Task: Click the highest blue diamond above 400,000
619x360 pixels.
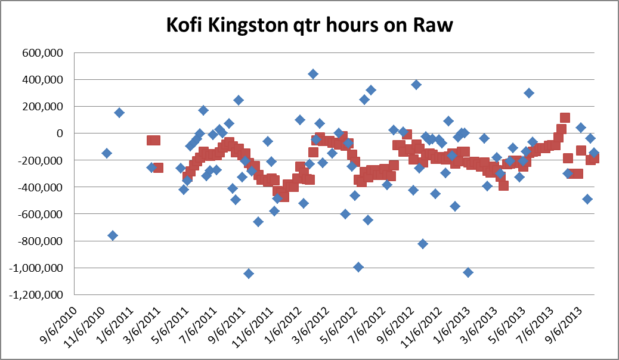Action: [312, 74]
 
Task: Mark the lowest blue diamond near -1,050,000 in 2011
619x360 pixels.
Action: [249, 274]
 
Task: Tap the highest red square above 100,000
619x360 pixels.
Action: [565, 117]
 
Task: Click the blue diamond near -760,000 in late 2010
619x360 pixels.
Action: [113, 235]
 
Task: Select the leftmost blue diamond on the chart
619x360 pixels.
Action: [107, 153]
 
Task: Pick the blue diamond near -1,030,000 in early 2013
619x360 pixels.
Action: [468, 272]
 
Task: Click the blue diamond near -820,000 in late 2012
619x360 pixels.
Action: [423, 244]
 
